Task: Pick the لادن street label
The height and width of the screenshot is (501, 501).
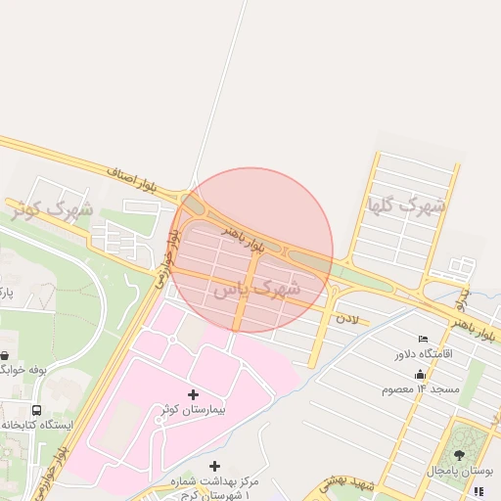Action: (x=347, y=318)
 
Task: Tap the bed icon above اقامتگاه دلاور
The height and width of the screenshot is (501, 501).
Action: (x=423, y=339)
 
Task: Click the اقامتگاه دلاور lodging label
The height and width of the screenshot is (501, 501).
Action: (x=423, y=353)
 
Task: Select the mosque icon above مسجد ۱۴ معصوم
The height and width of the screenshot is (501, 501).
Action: (x=421, y=374)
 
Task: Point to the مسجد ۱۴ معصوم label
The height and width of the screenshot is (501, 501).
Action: (x=421, y=388)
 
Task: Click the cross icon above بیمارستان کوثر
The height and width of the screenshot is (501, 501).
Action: (x=192, y=394)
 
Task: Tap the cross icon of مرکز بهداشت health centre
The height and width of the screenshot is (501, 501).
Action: (x=215, y=466)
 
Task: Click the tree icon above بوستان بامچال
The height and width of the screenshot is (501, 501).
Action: (x=459, y=455)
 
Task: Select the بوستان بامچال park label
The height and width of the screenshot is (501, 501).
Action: (x=459, y=471)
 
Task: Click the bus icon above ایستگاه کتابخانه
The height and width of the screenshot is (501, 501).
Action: (x=36, y=410)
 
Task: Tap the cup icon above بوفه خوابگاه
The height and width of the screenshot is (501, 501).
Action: (x=6, y=354)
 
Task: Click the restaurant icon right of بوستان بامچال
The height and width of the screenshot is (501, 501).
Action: (x=478, y=491)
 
